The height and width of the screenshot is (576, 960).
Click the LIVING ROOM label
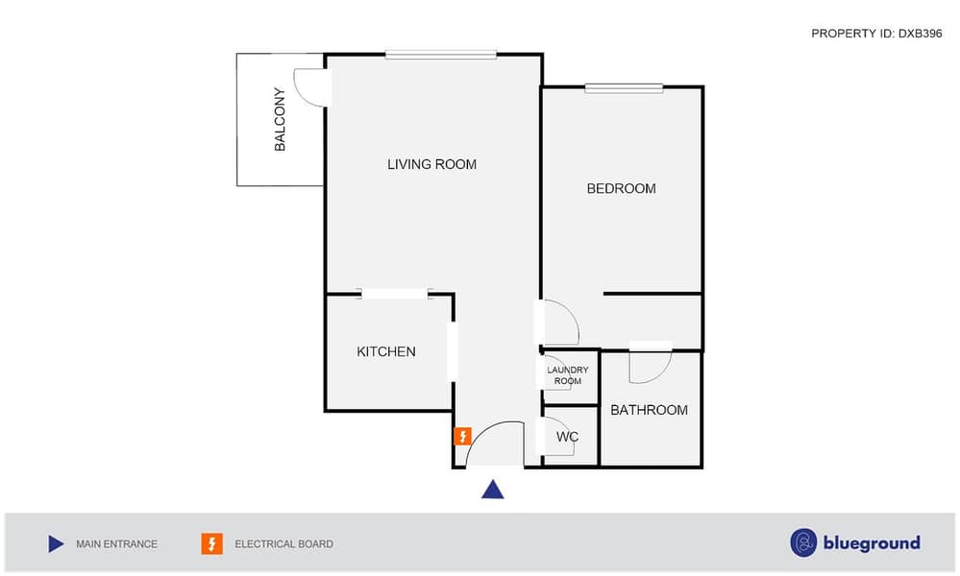pos(431,164)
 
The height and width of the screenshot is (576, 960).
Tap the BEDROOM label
pos(621,188)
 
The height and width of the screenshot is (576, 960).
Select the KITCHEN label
pos(385,351)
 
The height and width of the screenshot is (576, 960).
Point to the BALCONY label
pos(280,119)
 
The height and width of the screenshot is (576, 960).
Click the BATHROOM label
pos(649,410)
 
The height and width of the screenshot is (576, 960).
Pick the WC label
pos(567,437)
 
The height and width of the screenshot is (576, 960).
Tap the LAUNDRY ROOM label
pos(568,375)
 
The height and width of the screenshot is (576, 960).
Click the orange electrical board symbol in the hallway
pos(462,436)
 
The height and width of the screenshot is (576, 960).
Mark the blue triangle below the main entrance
pos(492,490)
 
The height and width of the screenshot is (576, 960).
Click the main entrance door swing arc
pos(483,431)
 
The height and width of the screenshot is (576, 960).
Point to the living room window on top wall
pos(441,55)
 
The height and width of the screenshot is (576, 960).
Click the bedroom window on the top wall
pos(624,88)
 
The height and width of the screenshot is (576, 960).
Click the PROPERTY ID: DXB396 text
pos(876,34)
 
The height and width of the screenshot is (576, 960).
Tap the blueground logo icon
pos(803,543)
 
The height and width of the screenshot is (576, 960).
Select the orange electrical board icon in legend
pos(211,543)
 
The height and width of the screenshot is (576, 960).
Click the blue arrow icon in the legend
pos(56,543)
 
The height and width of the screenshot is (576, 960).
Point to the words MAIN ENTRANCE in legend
pos(116,544)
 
